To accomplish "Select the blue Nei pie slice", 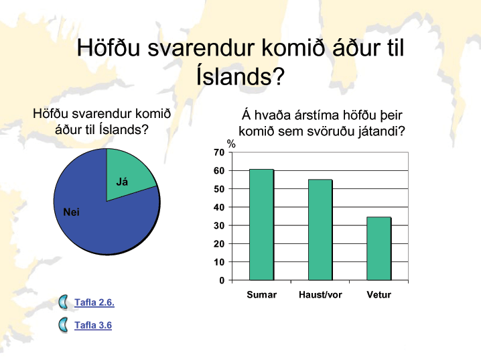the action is [x=101, y=215].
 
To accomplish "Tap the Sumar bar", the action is [x=261, y=225].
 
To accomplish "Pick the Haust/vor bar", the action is [x=320, y=230].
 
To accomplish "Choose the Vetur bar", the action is [x=379, y=249].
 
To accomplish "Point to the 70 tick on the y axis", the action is [x=219, y=152].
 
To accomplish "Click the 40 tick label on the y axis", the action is [x=219, y=207].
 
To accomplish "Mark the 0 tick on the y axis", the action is [x=222, y=280].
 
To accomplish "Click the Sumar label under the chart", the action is [x=262, y=295].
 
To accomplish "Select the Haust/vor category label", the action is [x=320, y=295].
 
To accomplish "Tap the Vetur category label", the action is [x=379, y=295].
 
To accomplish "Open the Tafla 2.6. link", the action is [x=94, y=302].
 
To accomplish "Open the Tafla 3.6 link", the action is [x=93, y=325].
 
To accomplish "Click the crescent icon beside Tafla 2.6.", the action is [x=63, y=302].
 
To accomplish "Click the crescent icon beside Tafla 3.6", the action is [x=63, y=324].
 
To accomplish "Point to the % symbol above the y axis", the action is [x=231, y=143].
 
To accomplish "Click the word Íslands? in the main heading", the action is [x=240, y=76].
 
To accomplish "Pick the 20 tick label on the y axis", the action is [x=219, y=244].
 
